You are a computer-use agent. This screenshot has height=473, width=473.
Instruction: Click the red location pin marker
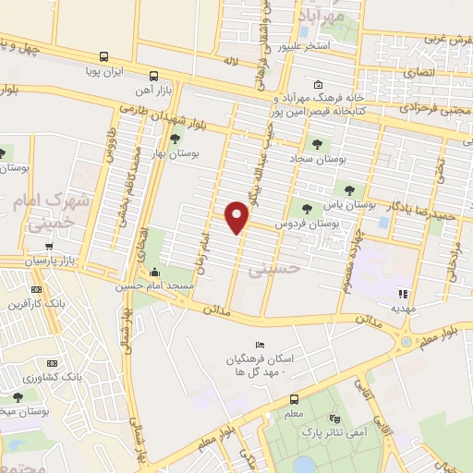[237, 216]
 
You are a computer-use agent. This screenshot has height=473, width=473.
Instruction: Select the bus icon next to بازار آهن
[153, 77]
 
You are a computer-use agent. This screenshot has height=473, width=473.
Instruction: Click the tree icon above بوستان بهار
[175, 139]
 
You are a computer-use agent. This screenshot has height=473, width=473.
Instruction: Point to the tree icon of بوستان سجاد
[318, 144]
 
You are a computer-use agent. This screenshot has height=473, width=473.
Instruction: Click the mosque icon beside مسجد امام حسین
[153, 273]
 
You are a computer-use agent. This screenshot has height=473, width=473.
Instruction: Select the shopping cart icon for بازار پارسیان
[48, 247]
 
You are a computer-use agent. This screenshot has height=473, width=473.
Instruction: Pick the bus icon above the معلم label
[294, 399]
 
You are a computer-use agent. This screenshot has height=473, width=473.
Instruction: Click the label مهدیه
[404, 306]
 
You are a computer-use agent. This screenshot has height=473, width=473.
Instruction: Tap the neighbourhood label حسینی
[269, 268]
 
